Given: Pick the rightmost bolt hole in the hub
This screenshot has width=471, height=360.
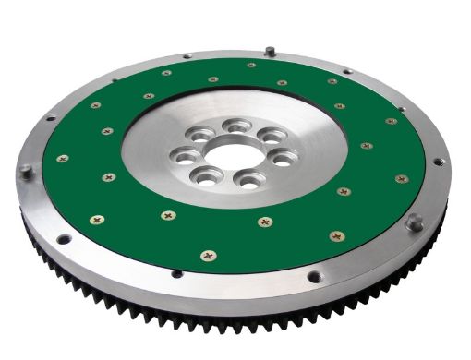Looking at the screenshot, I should [x=284, y=156].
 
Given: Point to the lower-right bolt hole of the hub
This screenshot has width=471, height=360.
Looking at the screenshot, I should [x=248, y=179].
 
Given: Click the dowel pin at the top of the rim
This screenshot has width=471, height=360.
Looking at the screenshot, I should [x=268, y=52].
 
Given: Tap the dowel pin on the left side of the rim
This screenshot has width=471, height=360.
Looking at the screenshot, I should [x=25, y=170].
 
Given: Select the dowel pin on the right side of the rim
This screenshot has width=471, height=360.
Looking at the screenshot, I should [x=415, y=221].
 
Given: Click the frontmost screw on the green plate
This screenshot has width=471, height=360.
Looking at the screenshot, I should [x=208, y=254].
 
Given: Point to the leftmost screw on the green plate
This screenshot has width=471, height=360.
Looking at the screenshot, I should [x=63, y=159].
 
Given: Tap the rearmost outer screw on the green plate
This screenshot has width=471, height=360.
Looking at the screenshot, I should [x=250, y=66].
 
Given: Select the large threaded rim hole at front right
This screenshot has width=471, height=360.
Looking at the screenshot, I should [x=315, y=275].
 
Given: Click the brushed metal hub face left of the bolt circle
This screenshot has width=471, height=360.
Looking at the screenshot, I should [x=152, y=148].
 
